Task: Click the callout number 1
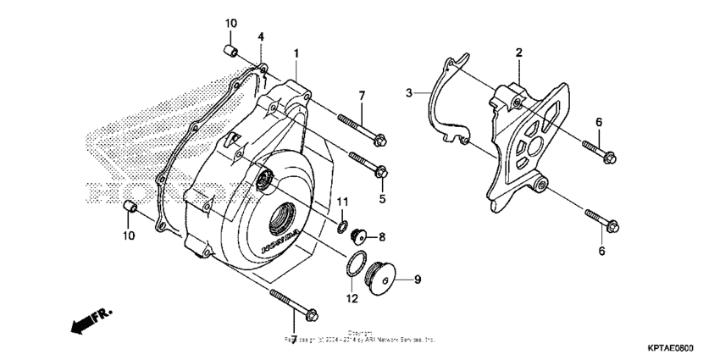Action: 296,53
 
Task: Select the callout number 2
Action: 518,53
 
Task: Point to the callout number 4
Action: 261,37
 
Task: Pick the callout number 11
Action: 343,202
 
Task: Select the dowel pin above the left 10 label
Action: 130,208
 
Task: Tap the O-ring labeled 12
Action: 356,263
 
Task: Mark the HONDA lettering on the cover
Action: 280,241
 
